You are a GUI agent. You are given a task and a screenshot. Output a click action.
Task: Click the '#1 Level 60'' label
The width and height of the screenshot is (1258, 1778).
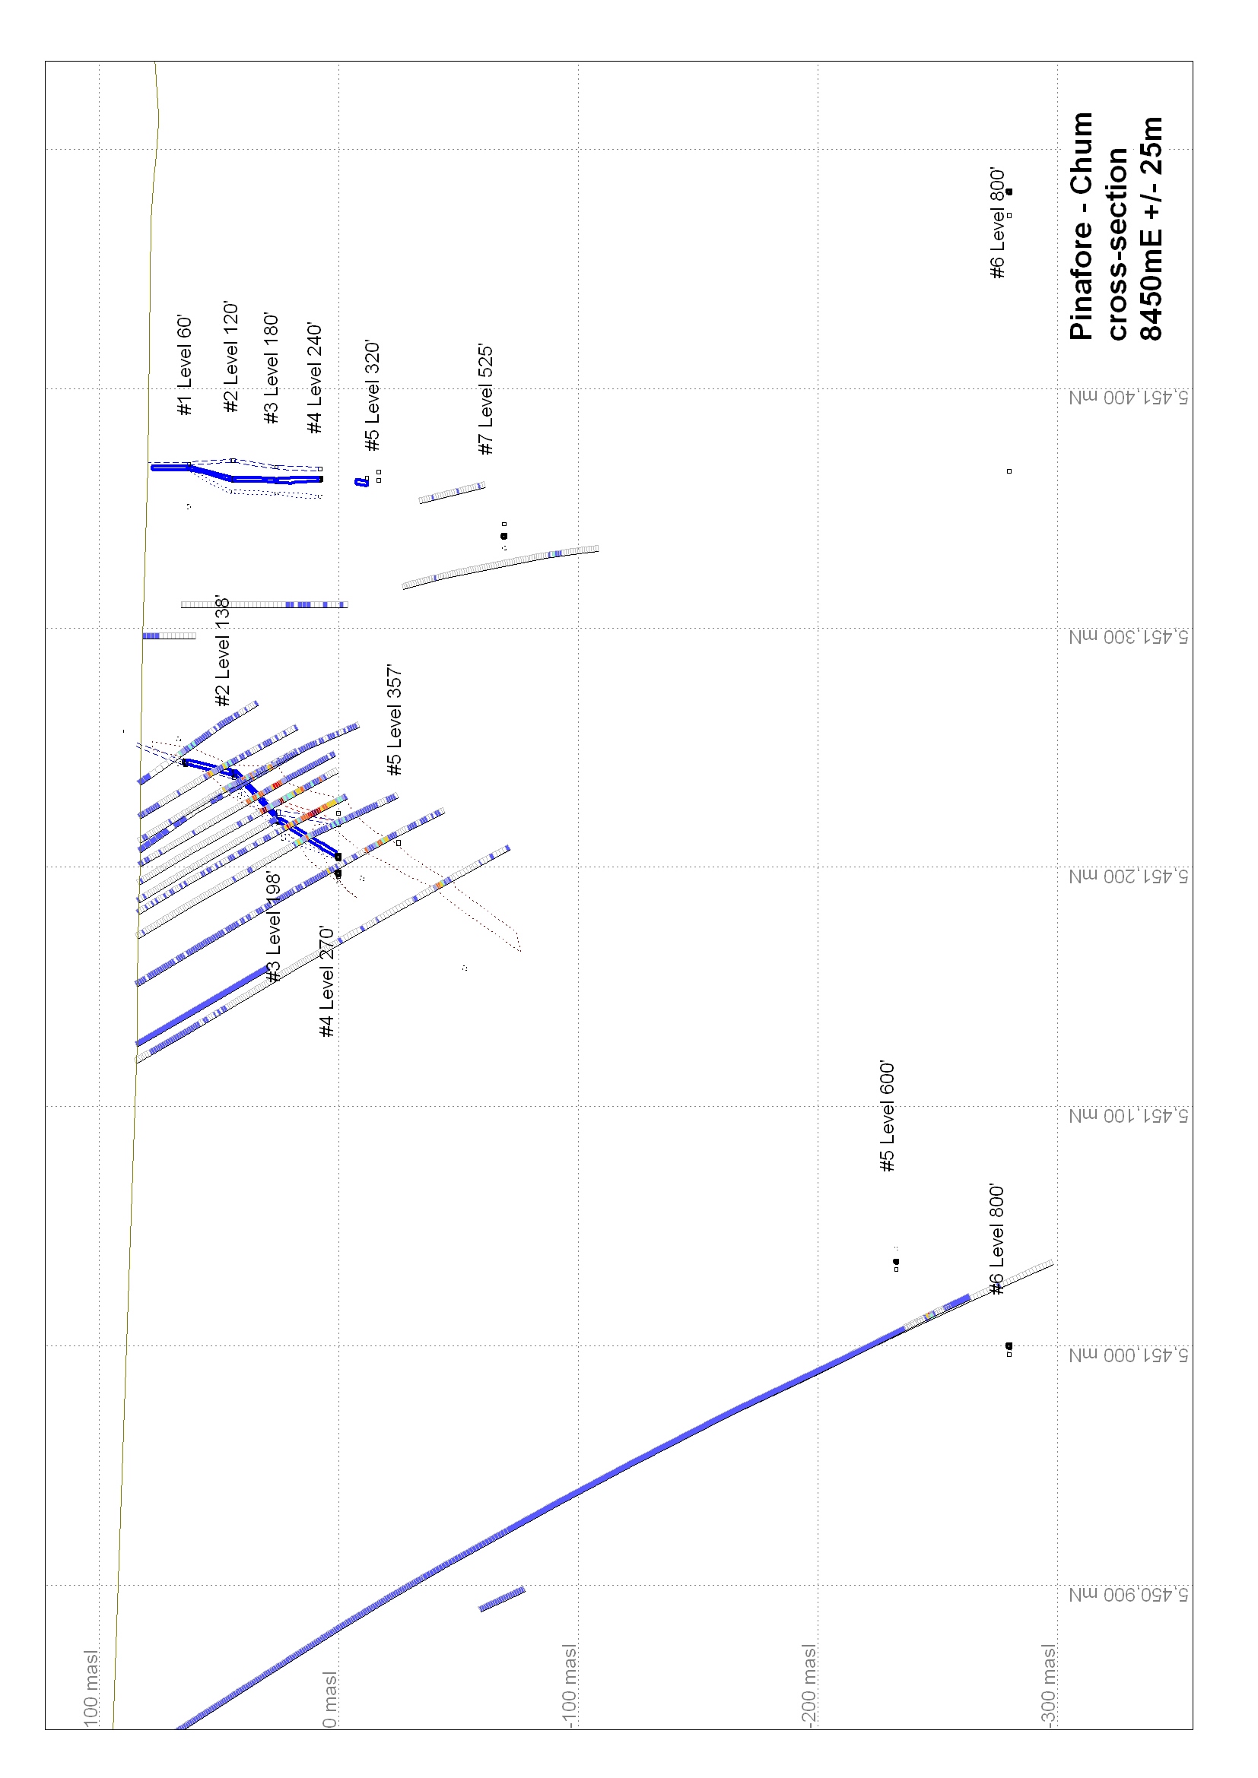[184, 366]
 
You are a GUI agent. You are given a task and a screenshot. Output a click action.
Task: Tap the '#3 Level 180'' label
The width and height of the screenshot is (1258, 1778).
[271, 369]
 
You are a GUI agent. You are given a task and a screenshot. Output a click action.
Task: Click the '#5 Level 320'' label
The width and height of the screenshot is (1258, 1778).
[372, 396]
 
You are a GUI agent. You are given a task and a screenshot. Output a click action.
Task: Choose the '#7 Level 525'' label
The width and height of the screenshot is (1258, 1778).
[485, 399]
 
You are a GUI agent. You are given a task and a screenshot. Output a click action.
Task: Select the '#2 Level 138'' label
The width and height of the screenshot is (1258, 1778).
[223, 651]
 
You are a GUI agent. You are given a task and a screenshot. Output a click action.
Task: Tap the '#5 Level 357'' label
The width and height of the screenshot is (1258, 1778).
[394, 719]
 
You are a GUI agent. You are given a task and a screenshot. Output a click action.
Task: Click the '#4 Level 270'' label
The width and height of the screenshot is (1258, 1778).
[326, 981]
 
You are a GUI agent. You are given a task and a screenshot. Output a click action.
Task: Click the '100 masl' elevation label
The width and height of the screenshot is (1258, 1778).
[91, 1688]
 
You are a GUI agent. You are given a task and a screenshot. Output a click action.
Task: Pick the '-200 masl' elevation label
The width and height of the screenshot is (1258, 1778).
[808, 1686]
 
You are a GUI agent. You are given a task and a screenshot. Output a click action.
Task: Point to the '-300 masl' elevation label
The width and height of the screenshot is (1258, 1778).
[1047, 1686]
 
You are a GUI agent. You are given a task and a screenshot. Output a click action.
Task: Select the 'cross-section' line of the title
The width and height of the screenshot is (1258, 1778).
[1117, 244]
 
